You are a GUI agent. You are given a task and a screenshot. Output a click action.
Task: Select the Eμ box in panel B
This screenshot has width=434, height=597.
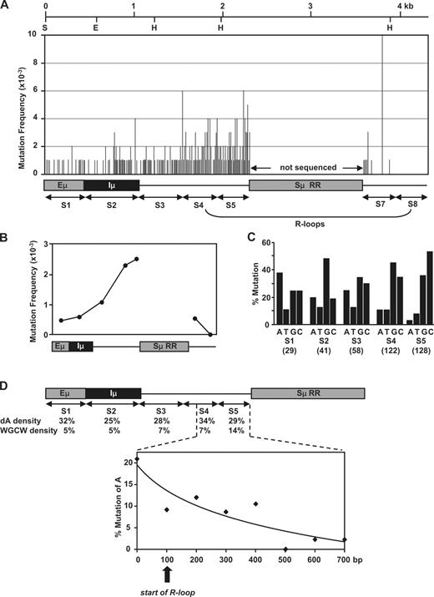click(60, 345)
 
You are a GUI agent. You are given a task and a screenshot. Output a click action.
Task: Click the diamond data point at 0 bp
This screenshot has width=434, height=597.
click(138, 458)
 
